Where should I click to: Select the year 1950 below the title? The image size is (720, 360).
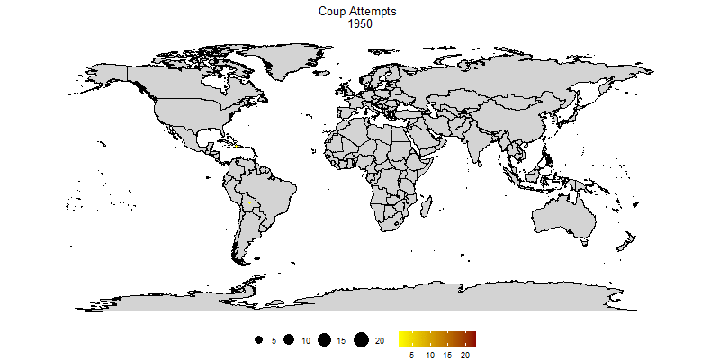[360, 24]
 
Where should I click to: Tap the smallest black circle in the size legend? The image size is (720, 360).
[258, 340]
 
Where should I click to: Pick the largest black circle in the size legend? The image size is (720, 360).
[360, 339]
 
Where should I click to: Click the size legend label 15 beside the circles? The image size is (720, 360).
[341, 340]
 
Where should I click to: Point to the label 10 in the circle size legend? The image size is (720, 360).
[306, 340]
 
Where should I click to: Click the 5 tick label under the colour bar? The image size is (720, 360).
[412, 355]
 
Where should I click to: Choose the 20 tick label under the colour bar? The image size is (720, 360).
[465, 355]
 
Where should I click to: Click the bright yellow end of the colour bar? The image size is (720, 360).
[402, 338]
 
